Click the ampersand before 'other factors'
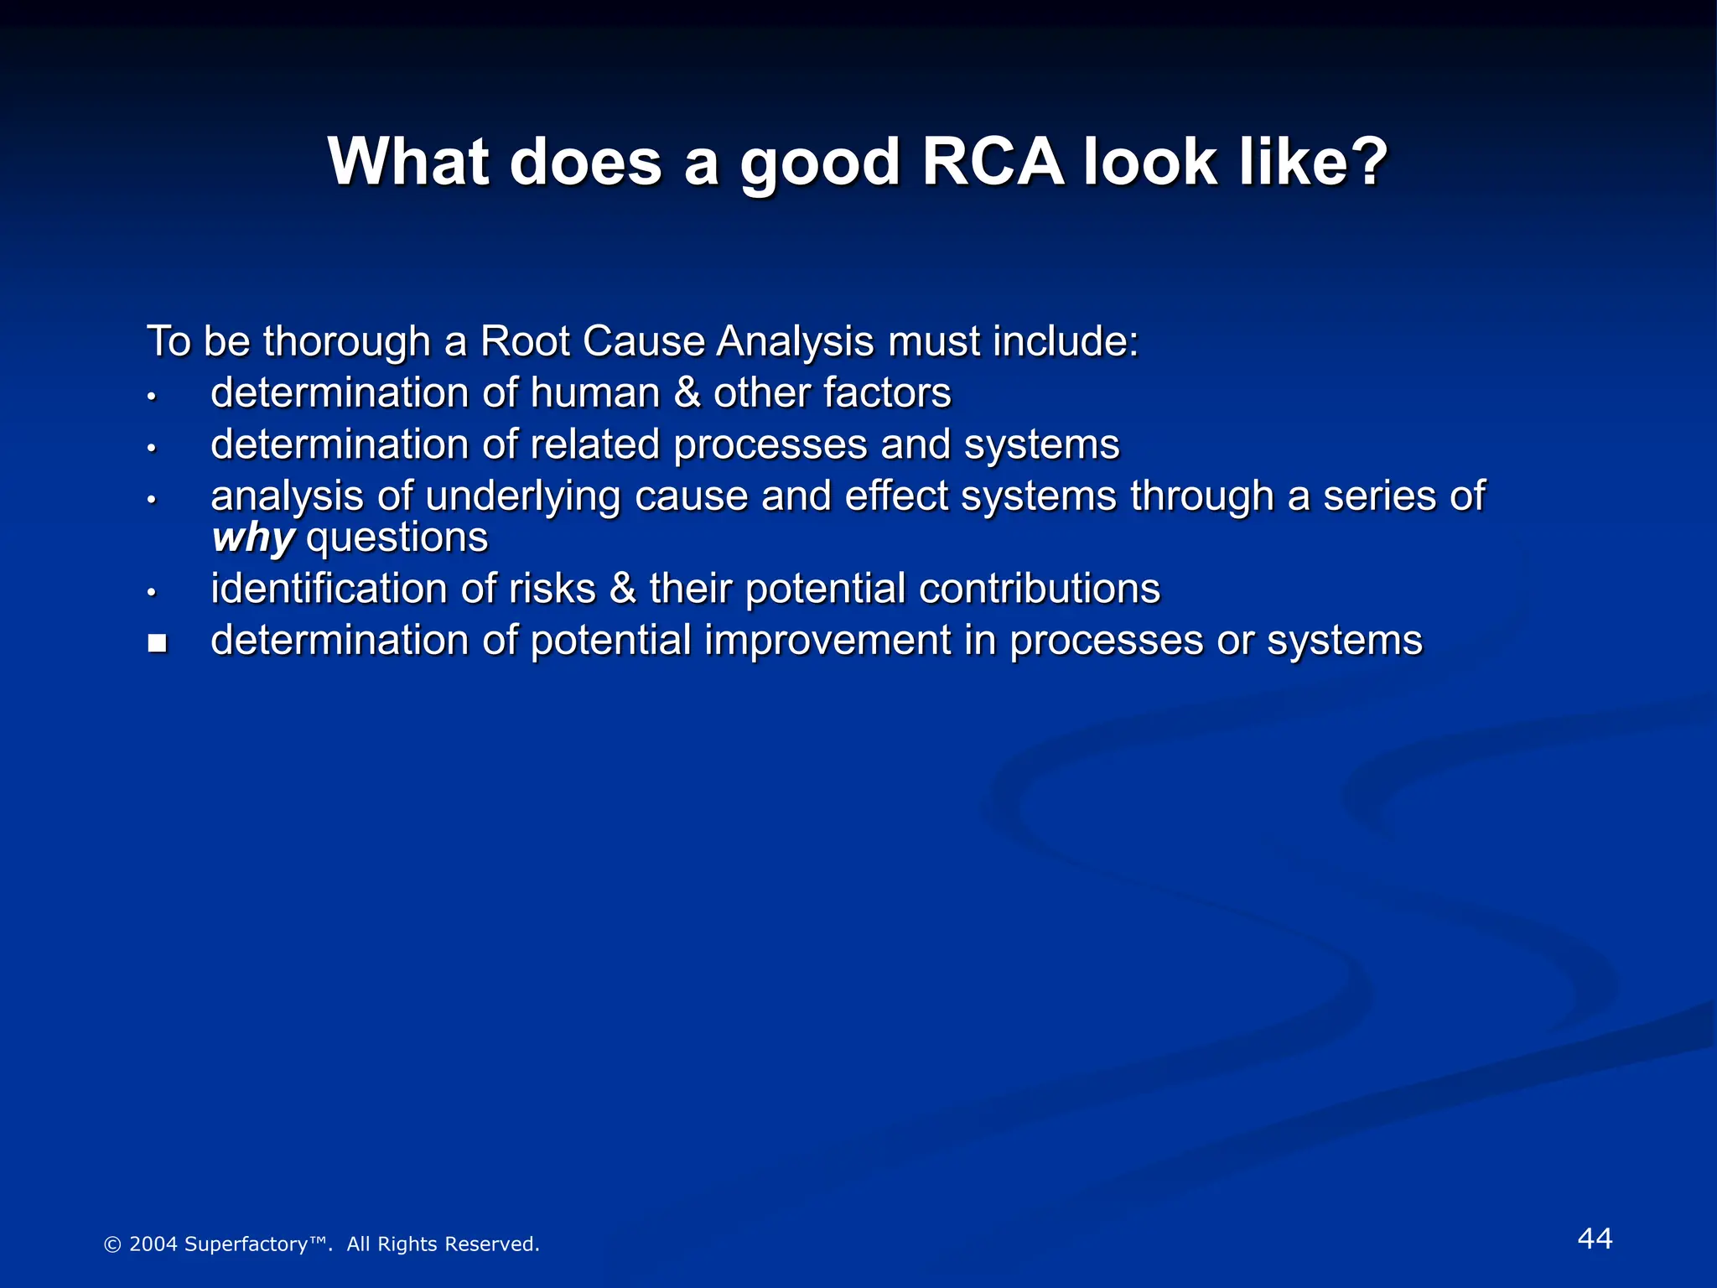coord(687,393)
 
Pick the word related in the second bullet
coord(594,444)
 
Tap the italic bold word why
coord(252,538)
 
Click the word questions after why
coord(397,538)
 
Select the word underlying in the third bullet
coord(523,496)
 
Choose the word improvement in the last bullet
coord(827,641)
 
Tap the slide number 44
coord(1595,1239)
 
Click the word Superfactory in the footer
coord(246,1244)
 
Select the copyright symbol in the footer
coord(112,1245)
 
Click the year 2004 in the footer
coord(153,1244)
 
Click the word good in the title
coord(820,163)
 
